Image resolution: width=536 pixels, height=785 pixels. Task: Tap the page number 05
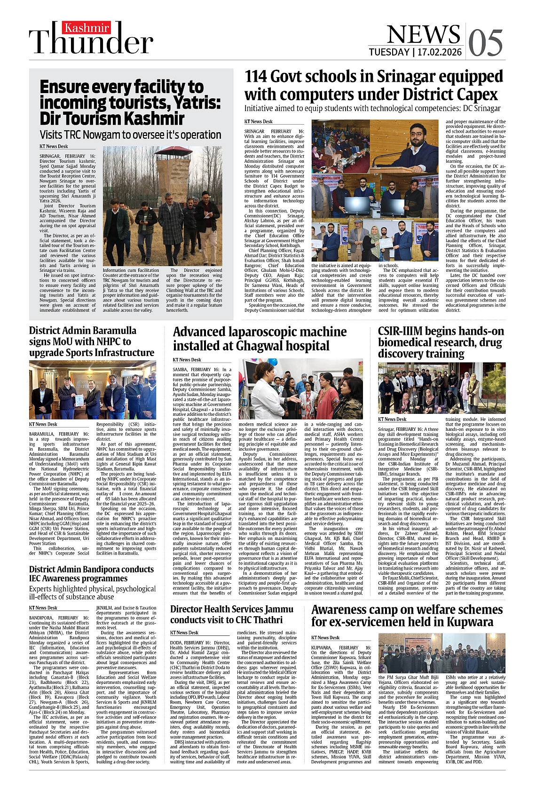coord(485,43)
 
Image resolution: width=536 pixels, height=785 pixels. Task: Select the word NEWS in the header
coord(423,34)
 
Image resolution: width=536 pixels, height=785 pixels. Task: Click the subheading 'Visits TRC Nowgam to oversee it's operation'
coord(130,135)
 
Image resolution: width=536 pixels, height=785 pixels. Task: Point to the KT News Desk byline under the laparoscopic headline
coord(187,360)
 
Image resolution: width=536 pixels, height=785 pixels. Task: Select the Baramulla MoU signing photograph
coord(93,390)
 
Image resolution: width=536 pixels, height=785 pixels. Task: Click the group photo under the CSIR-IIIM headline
coord(441,388)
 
